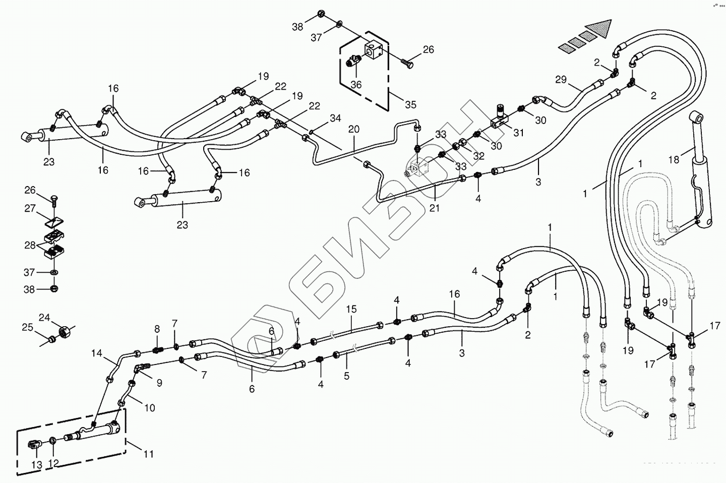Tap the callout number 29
tap(561, 80)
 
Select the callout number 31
tap(519, 133)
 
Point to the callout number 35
tap(411, 105)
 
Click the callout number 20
tap(354, 129)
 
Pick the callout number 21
tap(434, 207)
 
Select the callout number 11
tap(148, 454)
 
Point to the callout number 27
tap(30, 208)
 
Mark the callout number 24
tap(44, 318)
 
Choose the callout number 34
tap(335, 118)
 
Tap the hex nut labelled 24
tap(65, 332)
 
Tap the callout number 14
tap(97, 353)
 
